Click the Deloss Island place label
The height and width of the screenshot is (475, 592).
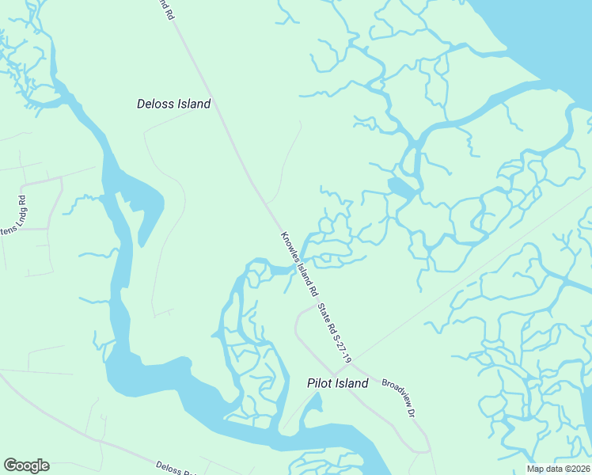[x=173, y=104]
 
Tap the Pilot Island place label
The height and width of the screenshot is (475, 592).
[x=337, y=383]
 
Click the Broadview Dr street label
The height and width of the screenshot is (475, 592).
[x=398, y=397]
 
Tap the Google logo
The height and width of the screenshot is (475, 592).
[x=26, y=465]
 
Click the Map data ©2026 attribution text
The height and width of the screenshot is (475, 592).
[x=558, y=469]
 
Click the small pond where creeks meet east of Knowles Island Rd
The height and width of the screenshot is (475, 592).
[x=400, y=187]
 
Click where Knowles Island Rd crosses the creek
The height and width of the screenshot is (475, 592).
[x=294, y=269]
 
